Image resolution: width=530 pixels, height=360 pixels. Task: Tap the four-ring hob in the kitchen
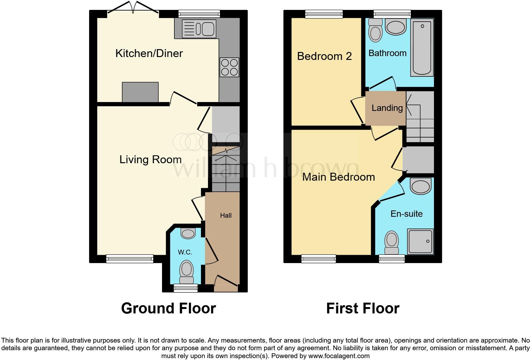coord(229,67)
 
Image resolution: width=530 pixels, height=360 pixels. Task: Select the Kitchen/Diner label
coord(149,53)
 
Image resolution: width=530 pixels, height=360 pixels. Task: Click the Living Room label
coord(150,159)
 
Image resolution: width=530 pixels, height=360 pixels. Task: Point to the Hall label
coord(226,215)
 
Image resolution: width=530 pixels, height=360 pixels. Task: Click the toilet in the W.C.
coord(186,272)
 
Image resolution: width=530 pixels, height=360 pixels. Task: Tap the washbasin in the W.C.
coord(188,234)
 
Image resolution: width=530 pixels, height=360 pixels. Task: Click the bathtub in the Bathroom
coord(422,48)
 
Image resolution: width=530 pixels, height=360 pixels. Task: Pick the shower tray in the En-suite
coord(420,241)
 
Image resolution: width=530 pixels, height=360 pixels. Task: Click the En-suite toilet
coord(392,242)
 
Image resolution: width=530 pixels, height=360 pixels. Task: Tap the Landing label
coord(387,108)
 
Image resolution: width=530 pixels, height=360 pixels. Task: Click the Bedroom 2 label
coord(324,56)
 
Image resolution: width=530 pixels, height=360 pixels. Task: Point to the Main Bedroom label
coord(339,177)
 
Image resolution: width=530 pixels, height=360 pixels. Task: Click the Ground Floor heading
coord(168,308)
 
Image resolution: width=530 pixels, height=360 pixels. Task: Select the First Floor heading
coord(363,308)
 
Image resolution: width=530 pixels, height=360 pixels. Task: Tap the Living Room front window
coord(130,259)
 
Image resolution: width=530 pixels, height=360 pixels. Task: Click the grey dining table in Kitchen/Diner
coord(140,92)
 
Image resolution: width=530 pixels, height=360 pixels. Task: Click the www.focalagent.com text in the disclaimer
coord(339,356)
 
